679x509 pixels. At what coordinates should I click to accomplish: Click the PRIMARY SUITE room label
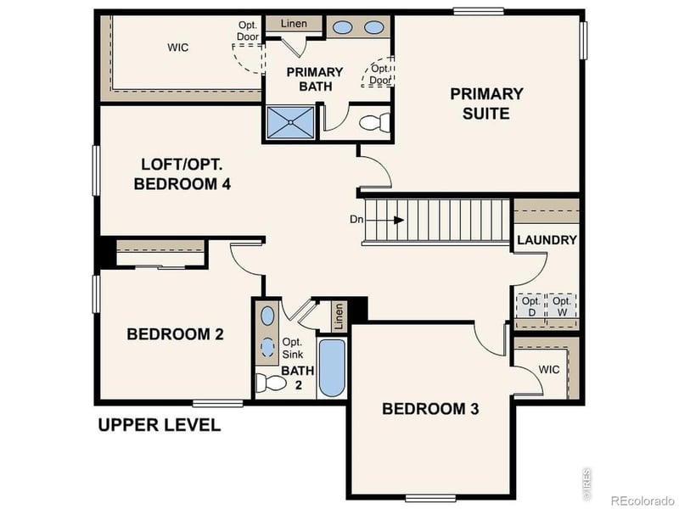[x=486, y=103]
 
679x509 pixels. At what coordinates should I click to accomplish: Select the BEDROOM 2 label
[x=175, y=334]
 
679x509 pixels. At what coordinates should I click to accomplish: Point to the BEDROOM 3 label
[x=430, y=409]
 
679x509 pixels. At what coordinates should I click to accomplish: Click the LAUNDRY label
[x=547, y=240]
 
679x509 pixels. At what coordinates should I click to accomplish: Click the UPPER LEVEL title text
[x=159, y=425]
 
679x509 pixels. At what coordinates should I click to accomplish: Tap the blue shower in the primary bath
[x=291, y=121]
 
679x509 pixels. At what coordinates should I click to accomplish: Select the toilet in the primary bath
[x=373, y=123]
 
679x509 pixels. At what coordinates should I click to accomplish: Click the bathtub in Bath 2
[x=332, y=368]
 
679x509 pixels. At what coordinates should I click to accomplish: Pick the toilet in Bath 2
[x=272, y=383]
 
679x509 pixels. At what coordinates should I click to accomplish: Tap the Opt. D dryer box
[x=530, y=305]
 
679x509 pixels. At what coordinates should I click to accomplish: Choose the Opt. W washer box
[x=561, y=305]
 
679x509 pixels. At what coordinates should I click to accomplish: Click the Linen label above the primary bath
[x=294, y=24]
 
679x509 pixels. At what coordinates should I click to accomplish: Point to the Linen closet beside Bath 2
[x=339, y=316]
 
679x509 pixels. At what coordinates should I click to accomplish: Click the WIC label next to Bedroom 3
[x=548, y=370]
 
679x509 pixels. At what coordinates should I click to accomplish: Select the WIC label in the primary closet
[x=177, y=48]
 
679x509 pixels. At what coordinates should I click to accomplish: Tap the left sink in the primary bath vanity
[x=343, y=27]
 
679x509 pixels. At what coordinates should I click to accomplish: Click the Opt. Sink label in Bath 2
[x=292, y=348]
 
